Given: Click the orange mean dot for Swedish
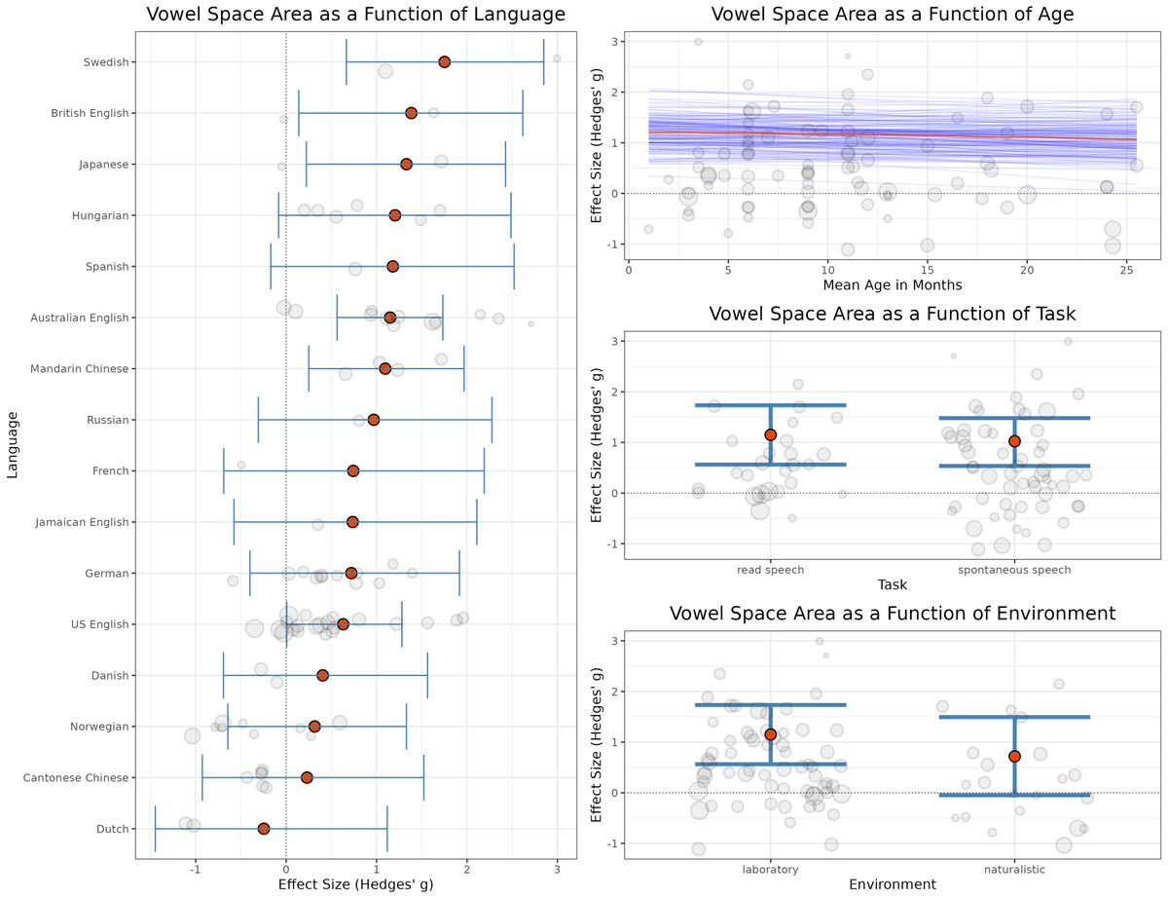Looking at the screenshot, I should (444, 61).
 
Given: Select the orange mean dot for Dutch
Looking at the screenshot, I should (264, 828).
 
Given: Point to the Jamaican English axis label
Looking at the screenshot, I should (82, 522).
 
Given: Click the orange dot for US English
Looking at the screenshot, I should (343, 623).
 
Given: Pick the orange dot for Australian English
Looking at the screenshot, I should (390, 318).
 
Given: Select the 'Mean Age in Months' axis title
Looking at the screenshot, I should (892, 285).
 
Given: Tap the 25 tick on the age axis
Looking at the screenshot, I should (1126, 269).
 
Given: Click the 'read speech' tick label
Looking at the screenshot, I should (771, 570).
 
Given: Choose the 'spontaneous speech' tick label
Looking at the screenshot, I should (1014, 570).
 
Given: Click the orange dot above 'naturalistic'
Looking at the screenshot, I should (1014, 756).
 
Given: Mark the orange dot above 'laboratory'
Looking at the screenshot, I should (771, 734).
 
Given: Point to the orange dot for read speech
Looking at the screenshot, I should (771, 434).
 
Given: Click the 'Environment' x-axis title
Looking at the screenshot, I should (892, 884).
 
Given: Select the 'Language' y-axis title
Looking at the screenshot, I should (13, 444).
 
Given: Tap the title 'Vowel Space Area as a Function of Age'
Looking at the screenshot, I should (892, 15).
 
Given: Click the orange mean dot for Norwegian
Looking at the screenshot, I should (314, 727).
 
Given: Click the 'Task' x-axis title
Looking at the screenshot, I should (892, 584).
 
